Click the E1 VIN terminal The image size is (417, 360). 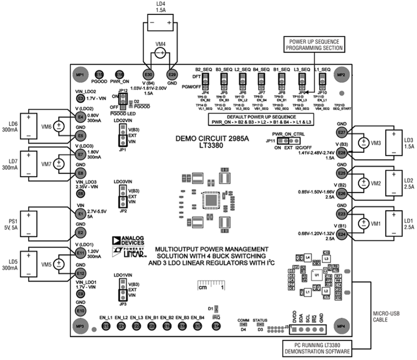point(81,214)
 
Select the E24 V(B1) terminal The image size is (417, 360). point(342,235)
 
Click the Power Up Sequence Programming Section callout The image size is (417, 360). point(313,44)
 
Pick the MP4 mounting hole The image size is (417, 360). point(340,326)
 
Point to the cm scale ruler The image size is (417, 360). point(210,285)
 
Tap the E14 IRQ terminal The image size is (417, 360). point(216,326)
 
